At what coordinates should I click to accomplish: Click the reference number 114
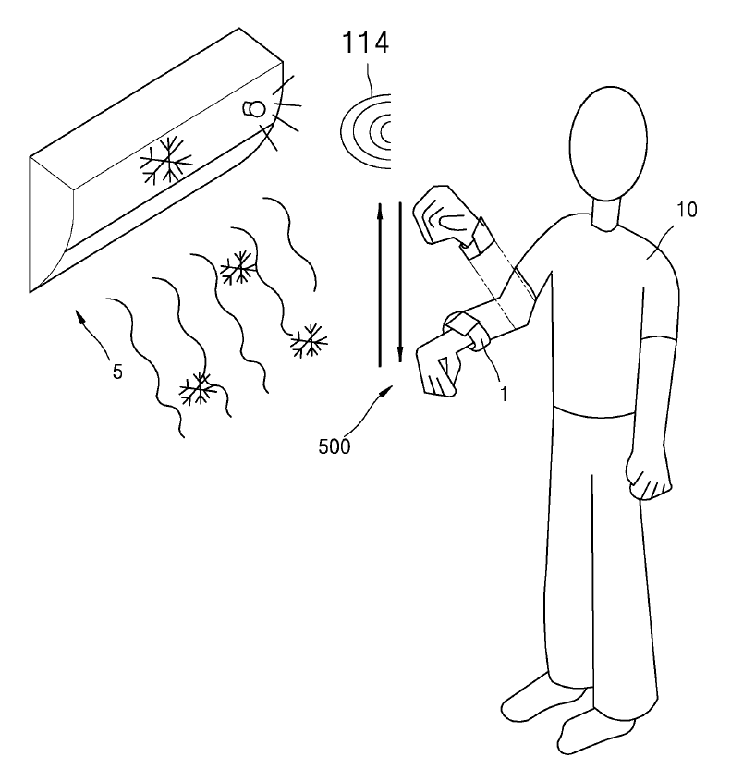pyautogui.click(x=365, y=43)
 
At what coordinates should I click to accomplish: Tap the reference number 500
pyautogui.click(x=335, y=446)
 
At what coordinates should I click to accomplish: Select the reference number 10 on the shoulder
pyautogui.click(x=687, y=210)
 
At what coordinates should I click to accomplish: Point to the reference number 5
pyautogui.click(x=117, y=372)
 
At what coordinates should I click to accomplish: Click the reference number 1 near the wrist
pyautogui.click(x=504, y=394)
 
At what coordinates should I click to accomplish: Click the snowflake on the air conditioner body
pyautogui.click(x=166, y=161)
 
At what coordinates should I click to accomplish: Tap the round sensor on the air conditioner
pyautogui.click(x=254, y=109)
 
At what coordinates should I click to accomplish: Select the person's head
pyautogui.click(x=608, y=143)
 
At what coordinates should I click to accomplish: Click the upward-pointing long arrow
pyautogui.click(x=380, y=285)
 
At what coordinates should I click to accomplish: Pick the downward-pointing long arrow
pyautogui.click(x=400, y=282)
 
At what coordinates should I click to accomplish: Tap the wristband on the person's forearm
pyautogui.click(x=461, y=322)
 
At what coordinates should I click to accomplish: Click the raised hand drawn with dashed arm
pyautogui.click(x=445, y=215)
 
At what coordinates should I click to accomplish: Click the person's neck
pyautogui.click(x=606, y=214)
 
